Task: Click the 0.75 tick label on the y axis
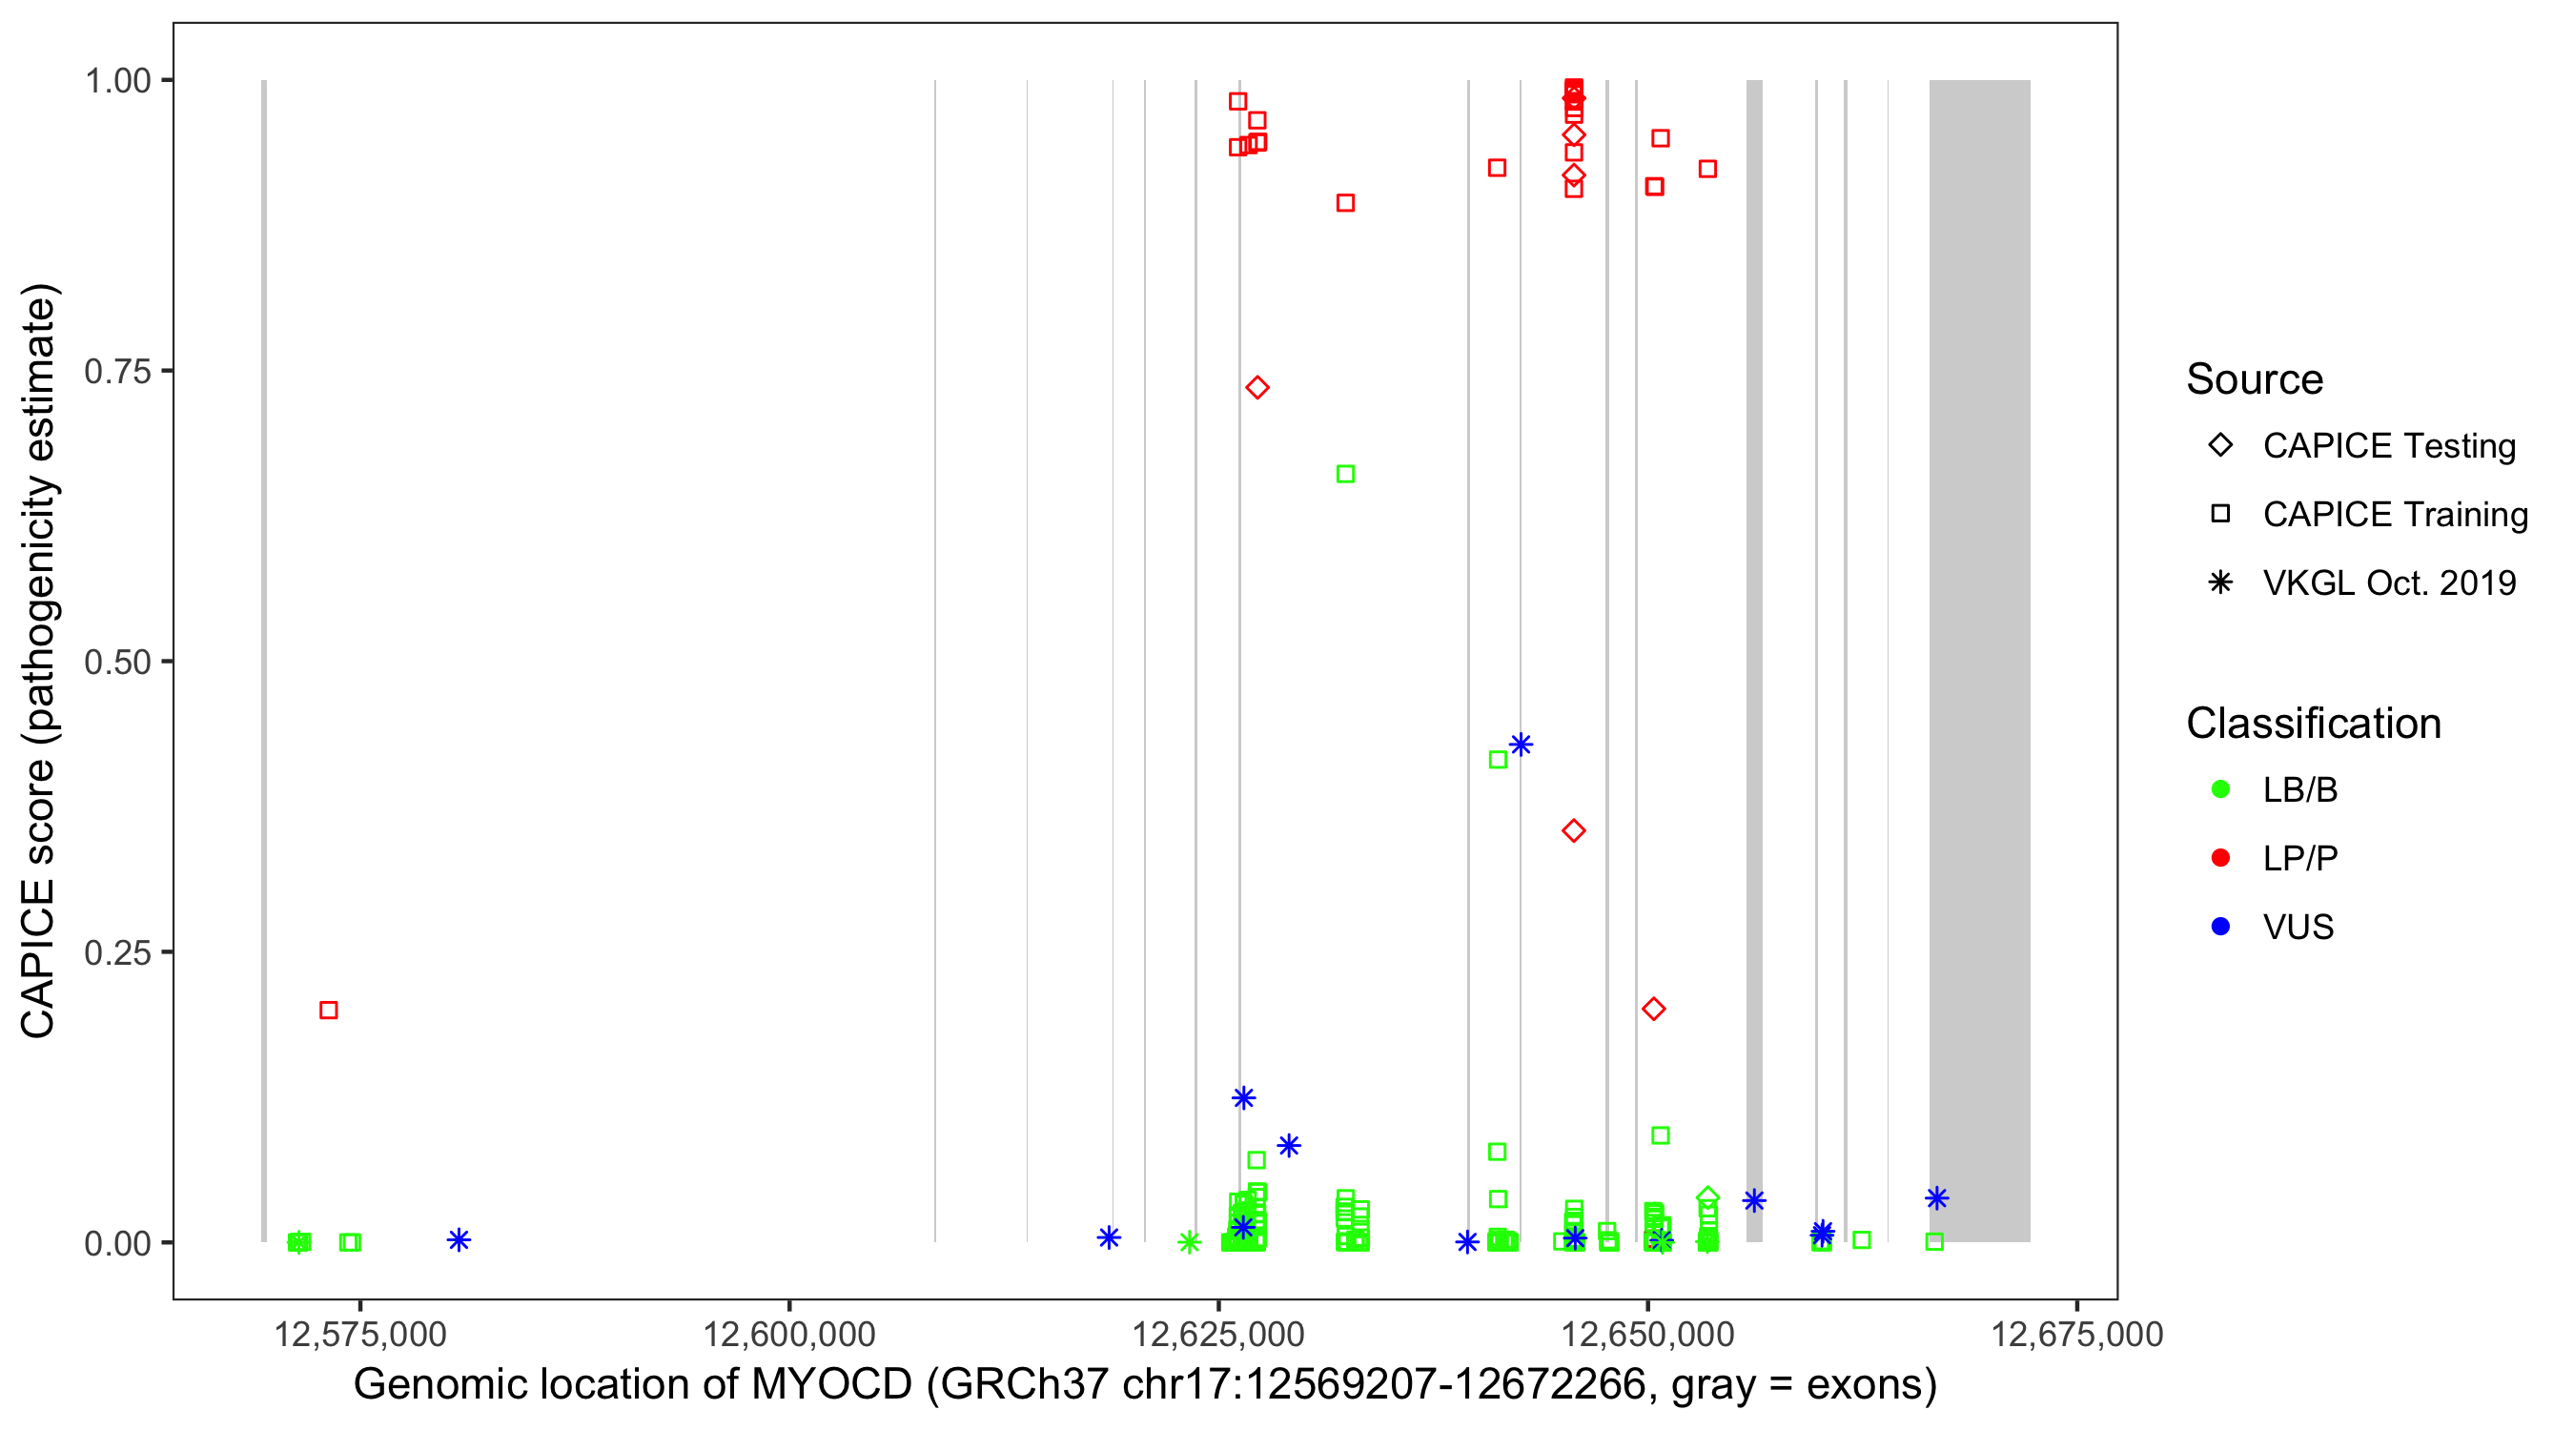click(116, 372)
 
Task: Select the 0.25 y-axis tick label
click(116, 952)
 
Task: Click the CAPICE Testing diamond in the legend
click(2220, 444)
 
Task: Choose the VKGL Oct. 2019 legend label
click(2389, 582)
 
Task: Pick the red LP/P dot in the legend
click(2220, 858)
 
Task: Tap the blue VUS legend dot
click(2220, 927)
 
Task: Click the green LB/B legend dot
click(2220, 789)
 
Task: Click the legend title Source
click(2255, 379)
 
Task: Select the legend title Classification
click(2313, 724)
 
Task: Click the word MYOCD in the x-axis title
click(831, 1384)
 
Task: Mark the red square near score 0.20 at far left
click(329, 1011)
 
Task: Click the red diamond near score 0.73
click(1257, 388)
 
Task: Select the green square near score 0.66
click(1345, 474)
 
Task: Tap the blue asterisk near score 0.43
click(1521, 745)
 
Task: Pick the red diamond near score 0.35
click(1574, 830)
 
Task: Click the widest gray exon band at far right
click(1978, 660)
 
